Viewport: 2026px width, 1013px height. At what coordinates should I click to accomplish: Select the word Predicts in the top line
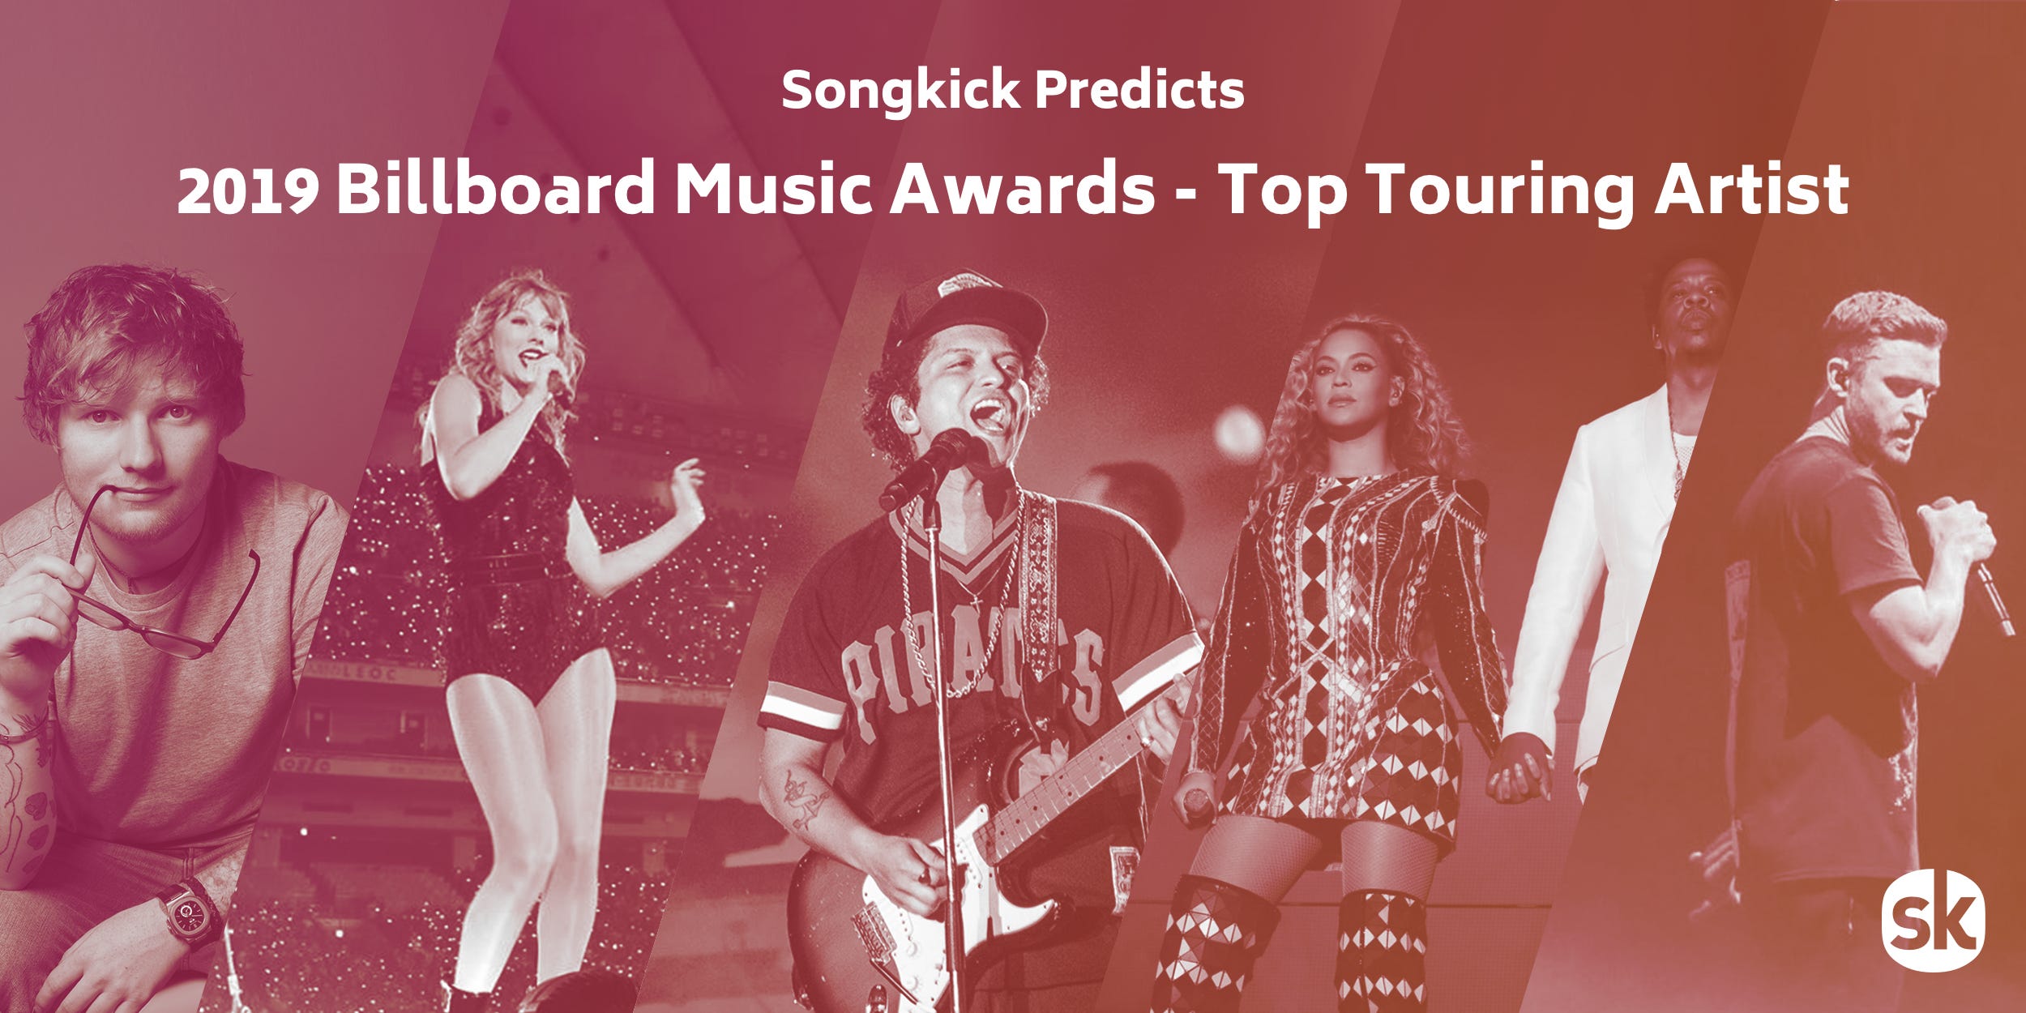pyautogui.click(x=1140, y=90)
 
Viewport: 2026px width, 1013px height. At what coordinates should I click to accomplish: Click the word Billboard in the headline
pyautogui.click(x=496, y=187)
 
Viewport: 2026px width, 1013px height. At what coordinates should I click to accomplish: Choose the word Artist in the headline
pyautogui.click(x=1752, y=189)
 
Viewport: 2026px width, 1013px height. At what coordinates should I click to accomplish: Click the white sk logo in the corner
pyautogui.click(x=1933, y=921)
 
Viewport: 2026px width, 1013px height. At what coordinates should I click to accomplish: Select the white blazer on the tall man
pyautogui.click(x=1609, y=567)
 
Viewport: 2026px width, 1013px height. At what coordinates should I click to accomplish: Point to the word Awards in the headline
pyautogui.click(x=1022, y=187)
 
